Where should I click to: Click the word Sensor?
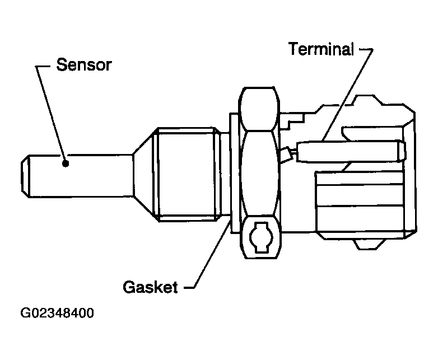[x=84, y=66]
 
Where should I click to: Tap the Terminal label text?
[x=321, y=49]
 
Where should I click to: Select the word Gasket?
[x=150, y=287]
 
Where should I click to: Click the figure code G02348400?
[x=57, y=312]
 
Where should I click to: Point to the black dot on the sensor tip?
[x=66, y=163]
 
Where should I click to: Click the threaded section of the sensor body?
[x=187, y=172]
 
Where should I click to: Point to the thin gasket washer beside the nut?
[x=232, y=168]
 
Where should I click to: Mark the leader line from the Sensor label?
[x=50, y=112]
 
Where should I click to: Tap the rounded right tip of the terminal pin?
[x=400, y=150]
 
